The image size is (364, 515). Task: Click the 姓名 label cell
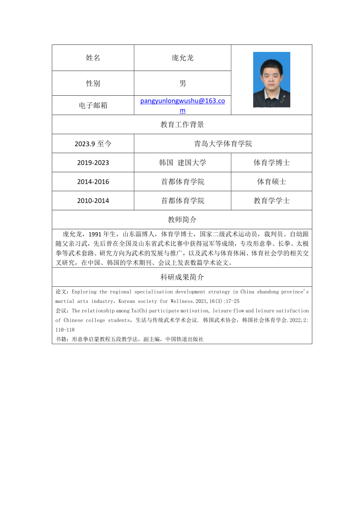coord(93,58)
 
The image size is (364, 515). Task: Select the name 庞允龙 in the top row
coord(182,58)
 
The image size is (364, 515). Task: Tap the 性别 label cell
coord(93,83)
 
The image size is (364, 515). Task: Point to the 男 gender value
coord(182,83)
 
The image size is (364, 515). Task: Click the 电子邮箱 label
coord(93,105)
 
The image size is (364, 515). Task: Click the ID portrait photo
coord(272,80)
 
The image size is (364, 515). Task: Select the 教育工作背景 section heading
coord(182,124)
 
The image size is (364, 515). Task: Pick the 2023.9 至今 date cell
coord(93,143)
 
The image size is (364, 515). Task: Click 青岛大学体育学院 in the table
coord(223,143)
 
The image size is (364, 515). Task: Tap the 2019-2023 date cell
coord(93,163)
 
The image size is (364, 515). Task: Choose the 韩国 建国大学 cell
coord(182,163)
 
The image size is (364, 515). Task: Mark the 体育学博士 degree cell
coord(272,163)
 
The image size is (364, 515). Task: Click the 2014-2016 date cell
coord(93,182)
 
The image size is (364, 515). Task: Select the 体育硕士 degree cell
coord(272,182)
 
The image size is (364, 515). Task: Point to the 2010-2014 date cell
coord(93,201)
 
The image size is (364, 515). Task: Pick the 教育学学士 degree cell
coord(272,201)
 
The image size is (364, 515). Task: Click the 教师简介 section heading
coord(182,219)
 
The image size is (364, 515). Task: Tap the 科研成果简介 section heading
coord(182,277)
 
